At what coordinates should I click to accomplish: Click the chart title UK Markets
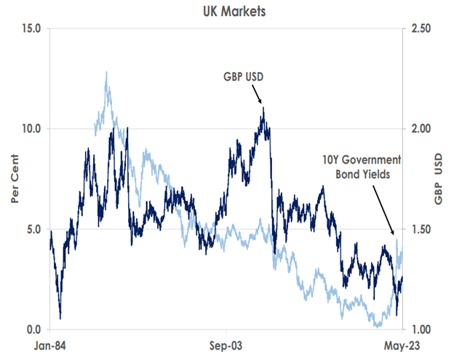pos(226,11)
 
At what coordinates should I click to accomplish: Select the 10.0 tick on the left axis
pos(32,129)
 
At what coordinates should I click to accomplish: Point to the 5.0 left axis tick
pos(35,229)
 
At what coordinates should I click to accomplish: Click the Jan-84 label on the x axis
pos(50,343)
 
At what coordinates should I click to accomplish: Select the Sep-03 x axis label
pos(226,343)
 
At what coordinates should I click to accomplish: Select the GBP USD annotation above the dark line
pos(244,75)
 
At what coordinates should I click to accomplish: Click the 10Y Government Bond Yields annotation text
pos(363,167)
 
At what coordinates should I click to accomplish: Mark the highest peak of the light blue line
pos(107,72)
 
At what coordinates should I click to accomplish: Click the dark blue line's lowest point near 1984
pos(60,317)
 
